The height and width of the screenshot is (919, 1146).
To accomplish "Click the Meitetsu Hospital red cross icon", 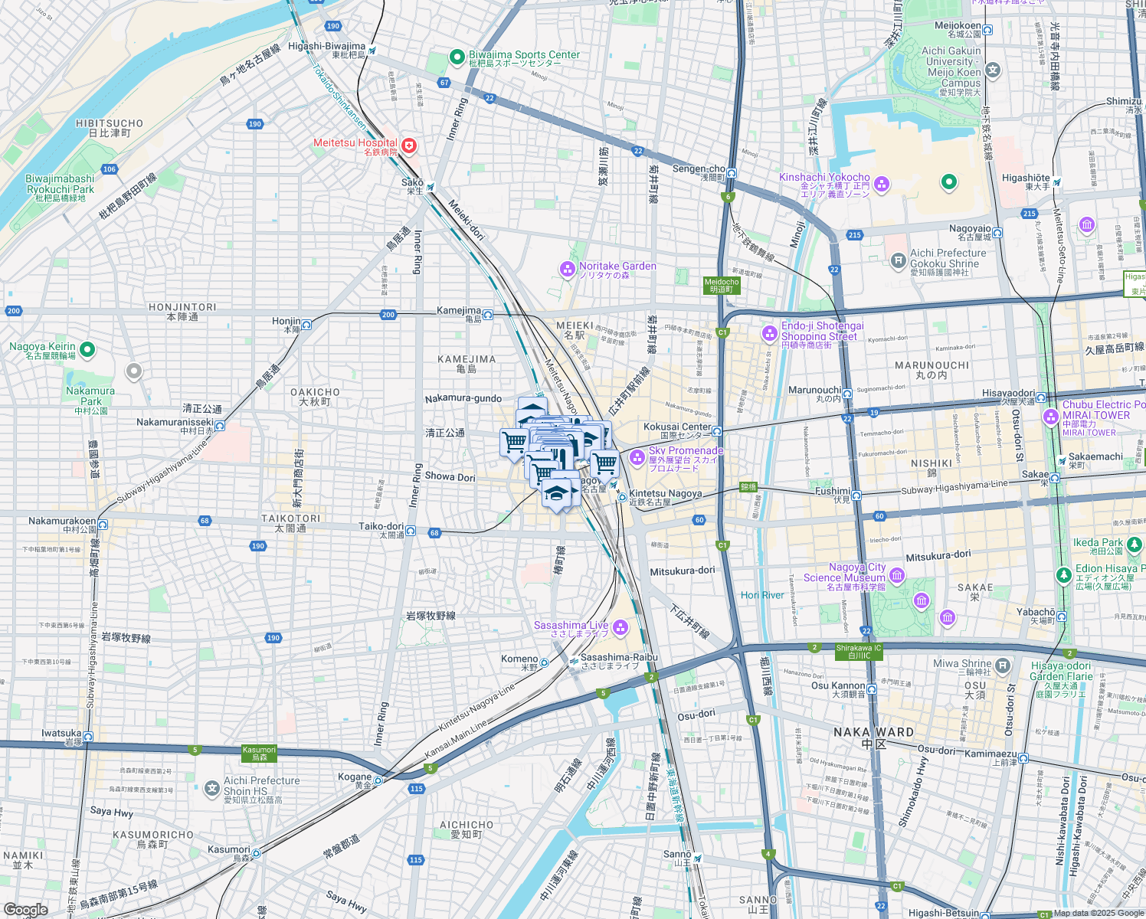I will tap(409, 146).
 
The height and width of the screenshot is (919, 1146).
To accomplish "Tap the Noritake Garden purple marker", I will tap(568, 269).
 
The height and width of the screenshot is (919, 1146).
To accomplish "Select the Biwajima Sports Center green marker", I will tap(457, 57).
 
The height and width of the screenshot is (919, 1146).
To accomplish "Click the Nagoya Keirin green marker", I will tap(87, 350).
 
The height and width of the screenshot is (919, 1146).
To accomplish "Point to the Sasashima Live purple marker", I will tap(620, 628).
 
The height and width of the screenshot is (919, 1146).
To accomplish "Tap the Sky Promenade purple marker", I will tap(637, 457).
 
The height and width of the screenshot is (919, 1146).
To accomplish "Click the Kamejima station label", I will tap(459, 311).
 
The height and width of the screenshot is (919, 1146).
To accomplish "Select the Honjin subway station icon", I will tap(306, 325).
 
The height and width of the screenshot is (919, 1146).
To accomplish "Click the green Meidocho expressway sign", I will tap(721, 286).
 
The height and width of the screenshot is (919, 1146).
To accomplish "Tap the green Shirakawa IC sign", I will tap(859, 652).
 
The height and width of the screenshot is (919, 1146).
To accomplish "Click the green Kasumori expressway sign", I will tap(259, 754).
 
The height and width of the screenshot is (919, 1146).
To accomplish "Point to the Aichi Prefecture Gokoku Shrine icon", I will tap(898, 261).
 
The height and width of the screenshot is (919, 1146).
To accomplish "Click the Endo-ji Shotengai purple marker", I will tap(769, 333).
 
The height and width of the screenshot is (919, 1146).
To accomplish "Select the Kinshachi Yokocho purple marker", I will tap(882, 183).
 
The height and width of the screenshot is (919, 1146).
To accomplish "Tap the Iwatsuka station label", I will tap(61, 734).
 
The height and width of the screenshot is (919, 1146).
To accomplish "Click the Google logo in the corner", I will tap(25, 909).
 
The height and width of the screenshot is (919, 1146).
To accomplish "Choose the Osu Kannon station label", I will tap(838, 686).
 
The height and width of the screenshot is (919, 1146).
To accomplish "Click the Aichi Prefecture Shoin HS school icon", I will tap(212, 788).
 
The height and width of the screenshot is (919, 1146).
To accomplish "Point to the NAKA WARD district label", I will tap(873, 732).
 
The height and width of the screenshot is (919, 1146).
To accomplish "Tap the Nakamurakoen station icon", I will tap(103, 525).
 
